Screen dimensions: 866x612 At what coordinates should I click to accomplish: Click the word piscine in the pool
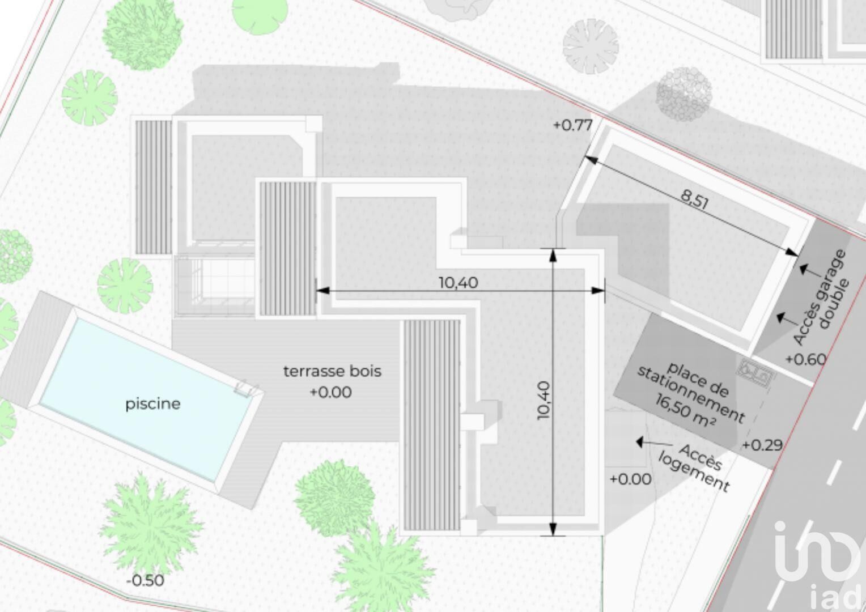[x=152, y=405]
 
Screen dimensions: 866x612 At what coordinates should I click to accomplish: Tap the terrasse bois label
[x=332, y=371]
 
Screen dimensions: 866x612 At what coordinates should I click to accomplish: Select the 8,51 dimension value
[x=694, y=200]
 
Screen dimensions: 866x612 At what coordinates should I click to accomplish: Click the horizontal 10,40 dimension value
[x=458, y=283]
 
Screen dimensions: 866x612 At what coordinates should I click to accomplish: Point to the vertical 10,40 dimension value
[x=544, y=400]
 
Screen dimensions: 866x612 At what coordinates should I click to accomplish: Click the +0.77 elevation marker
[x=573, y=125]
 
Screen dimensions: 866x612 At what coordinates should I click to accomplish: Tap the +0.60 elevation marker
[x=806, y=359]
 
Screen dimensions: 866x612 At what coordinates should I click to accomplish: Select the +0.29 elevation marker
[x=762, y=445]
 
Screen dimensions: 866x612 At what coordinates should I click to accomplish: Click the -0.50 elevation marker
[x=145, y=581]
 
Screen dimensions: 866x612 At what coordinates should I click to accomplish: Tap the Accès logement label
[x=694, y=469]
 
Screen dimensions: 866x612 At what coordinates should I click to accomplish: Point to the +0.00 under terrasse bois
[x=331, y=392]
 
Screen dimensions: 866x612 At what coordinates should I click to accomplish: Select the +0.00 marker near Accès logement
[x=631, y=479]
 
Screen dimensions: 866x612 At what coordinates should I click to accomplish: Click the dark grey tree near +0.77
[x=684, y=94]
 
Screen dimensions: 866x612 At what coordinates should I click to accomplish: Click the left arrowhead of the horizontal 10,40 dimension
[x=322, y=290]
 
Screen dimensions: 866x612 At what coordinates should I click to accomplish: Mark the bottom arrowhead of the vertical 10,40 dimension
[x=553, y=529]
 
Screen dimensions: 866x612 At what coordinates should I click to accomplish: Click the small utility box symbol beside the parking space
[x=755, y=372]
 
